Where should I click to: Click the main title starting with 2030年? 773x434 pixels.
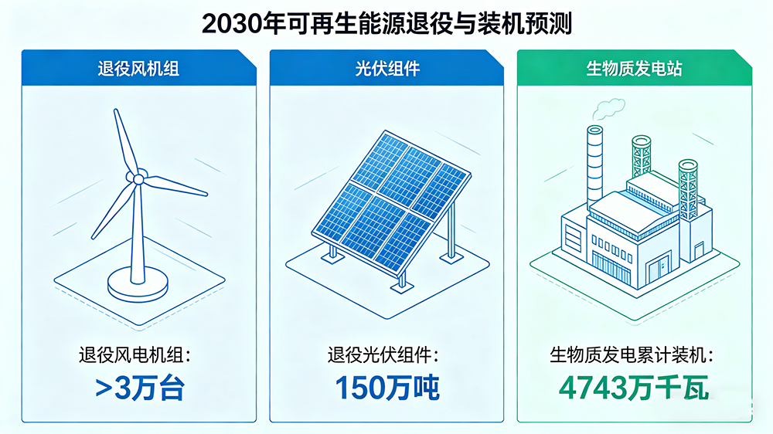(x=386, y=23)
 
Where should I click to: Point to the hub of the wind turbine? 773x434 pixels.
(x=138, y=179)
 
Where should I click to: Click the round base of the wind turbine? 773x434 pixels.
(x=138, y=287)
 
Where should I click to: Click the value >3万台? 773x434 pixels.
(x=139, y=388)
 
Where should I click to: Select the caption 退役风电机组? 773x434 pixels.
(x=139, y=356)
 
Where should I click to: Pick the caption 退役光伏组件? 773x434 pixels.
(x=386, y=356)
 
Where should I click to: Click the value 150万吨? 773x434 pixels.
(x=386, y=388)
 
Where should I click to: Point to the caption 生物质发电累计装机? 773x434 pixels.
(x=634, y=356)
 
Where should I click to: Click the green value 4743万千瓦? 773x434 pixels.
(x=634, y=388)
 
